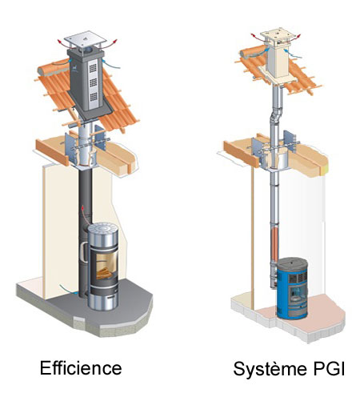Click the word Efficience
coord(81,368)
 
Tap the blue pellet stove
coord(292,288)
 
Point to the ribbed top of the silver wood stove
coord(103,230)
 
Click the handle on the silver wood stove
coord(84,252)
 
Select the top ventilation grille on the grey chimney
coord(93,68)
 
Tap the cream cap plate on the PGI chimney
coord(278,34)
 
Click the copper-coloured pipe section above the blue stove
coord(275,241)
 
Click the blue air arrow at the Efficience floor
coord(67,289)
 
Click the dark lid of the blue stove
coord(293,262)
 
